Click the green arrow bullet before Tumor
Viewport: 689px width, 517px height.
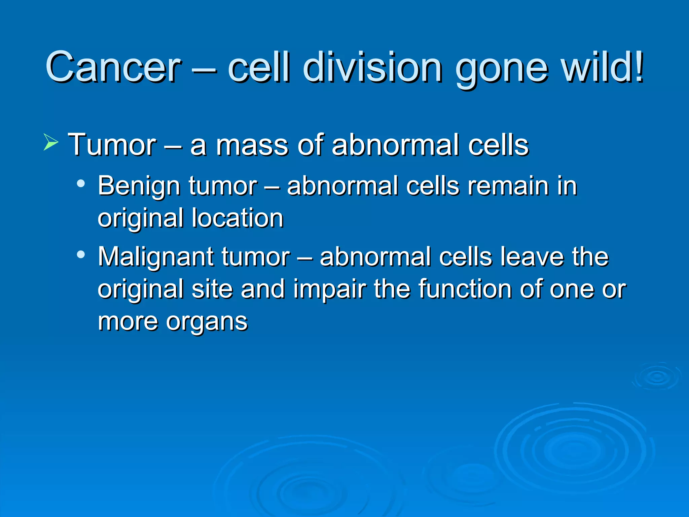(51, 142)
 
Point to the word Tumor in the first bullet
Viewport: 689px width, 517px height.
(112, 145)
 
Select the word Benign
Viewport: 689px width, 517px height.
(139, 186)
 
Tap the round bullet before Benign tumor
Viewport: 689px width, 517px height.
(81, 184)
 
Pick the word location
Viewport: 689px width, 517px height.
(238, 218)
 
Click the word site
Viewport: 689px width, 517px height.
(212, 289)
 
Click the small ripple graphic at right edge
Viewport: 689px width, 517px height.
(657, 377)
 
